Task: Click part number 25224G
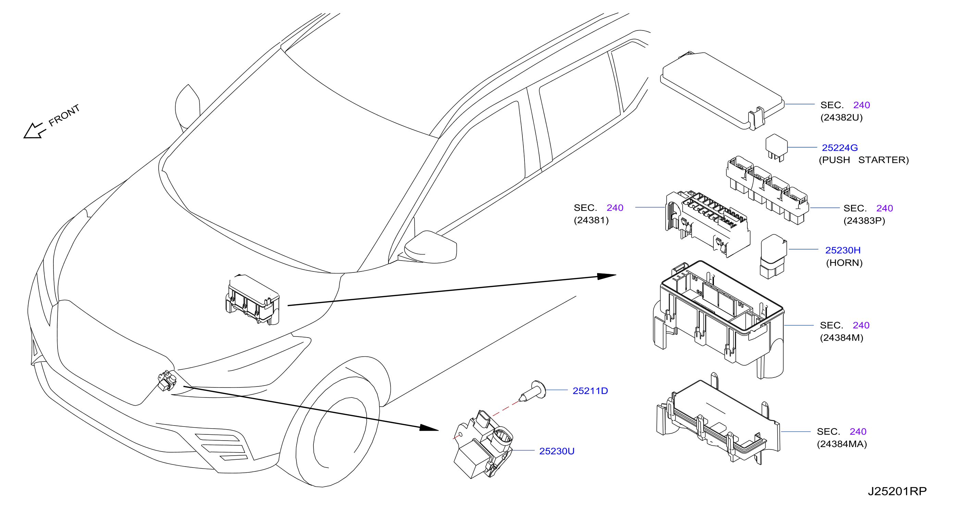click(x=840, y=148)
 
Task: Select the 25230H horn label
click(x=843, y=250)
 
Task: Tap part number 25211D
click(x=590, y=391)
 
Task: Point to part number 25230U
click(x=557, y=451)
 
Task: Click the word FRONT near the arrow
click(x=64, y=115)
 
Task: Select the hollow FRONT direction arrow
click(x=34, y=130)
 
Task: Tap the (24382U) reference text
click(x=842, y=117)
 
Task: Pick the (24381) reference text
click(x=591, y=220)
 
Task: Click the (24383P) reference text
click(x=864, y=221)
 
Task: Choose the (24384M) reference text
click(x=842, y=338)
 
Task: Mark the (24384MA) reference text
click(x=842, y=444)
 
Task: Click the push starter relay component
click(x=777, y=147)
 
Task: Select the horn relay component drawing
click(x=773, y=257)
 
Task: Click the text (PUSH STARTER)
click(x=864, y=160)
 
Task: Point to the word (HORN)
click(x=844, y=263)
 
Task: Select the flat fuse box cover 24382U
click(x=722, y=91)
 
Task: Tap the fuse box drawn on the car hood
click(x=252, y=299)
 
